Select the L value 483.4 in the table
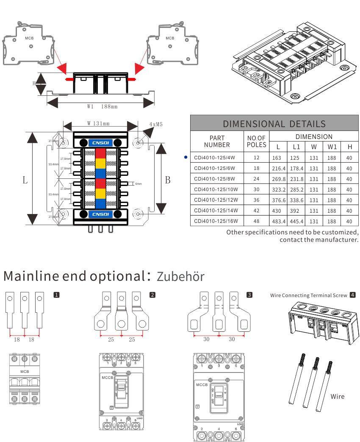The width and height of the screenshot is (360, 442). point(277,221)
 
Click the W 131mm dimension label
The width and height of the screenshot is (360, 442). point(98,124)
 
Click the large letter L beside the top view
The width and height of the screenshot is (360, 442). point(25,180)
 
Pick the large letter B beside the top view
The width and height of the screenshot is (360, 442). point(168,180)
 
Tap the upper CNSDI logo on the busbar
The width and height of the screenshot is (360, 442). point(100,143)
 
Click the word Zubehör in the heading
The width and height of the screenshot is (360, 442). point(180,276)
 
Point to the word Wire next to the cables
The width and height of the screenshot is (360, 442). point(337,397)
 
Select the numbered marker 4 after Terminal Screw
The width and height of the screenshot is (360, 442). point(352,295)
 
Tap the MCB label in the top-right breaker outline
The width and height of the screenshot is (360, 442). point(170,38)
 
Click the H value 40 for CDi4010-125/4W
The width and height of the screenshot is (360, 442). point(349,158)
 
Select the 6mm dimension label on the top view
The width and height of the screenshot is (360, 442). point(138,184)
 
